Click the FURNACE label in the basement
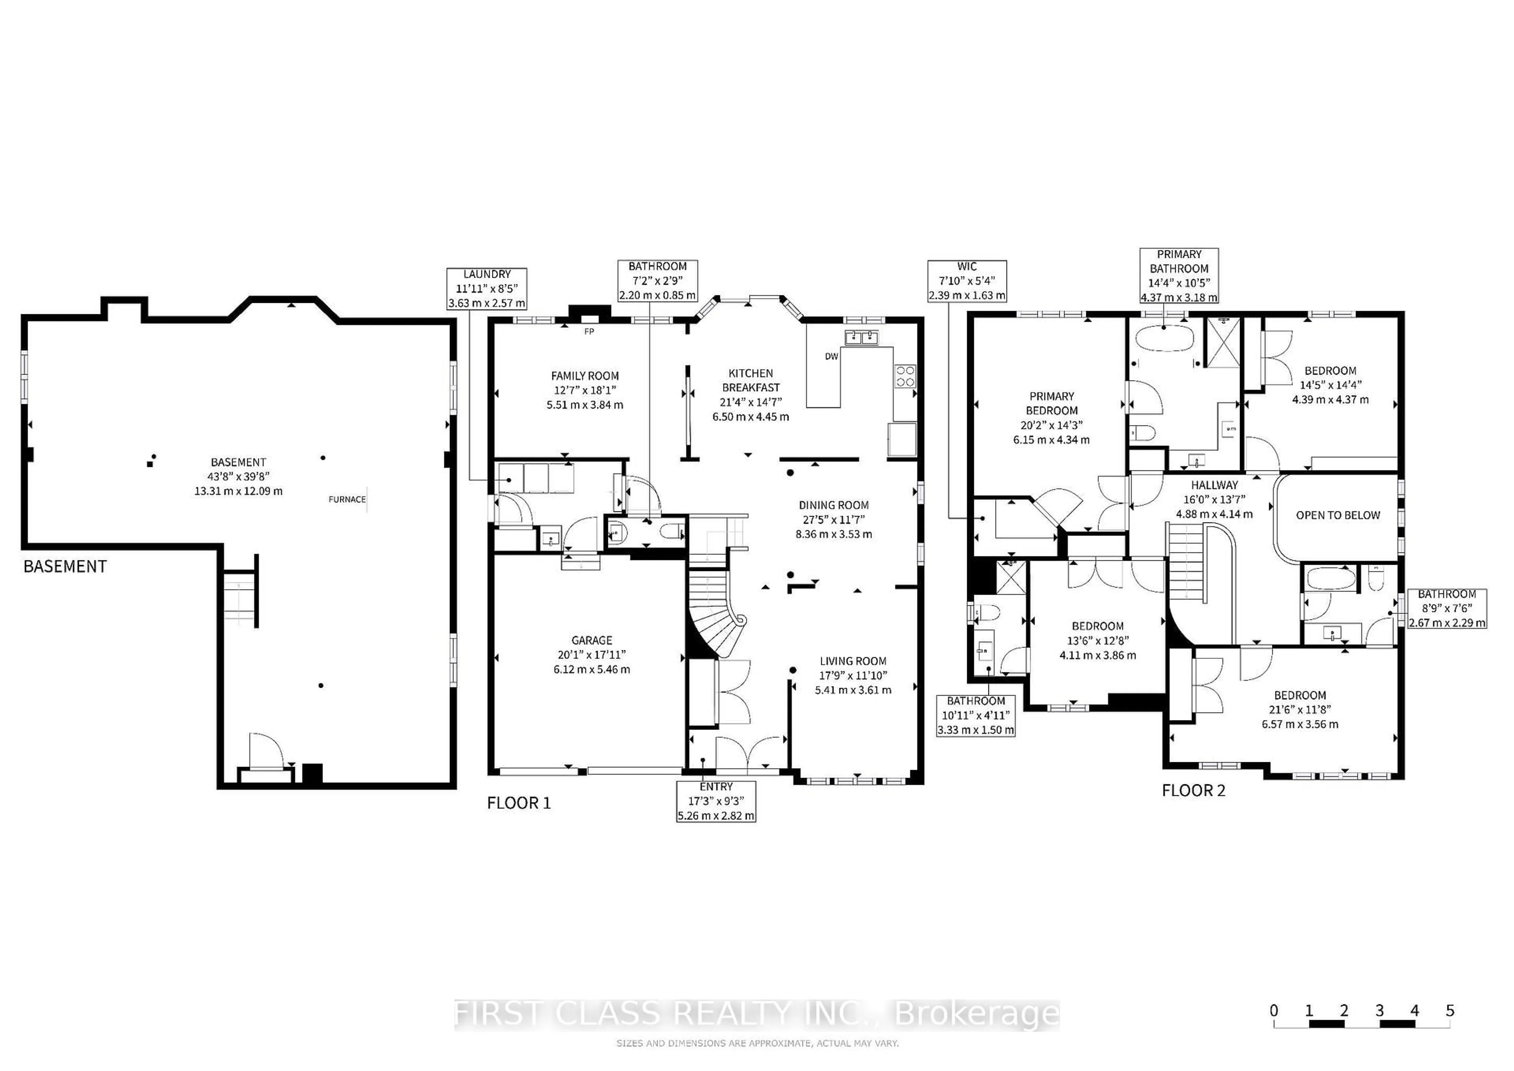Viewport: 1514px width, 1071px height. click(347, 499)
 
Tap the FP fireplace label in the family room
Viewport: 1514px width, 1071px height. click(589, 332)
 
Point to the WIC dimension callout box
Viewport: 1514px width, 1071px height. click(967, 281)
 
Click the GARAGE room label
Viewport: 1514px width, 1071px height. click(591, 640)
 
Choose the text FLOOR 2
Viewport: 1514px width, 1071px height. click(1193, 791)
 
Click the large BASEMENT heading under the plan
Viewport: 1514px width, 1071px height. click(65, 567)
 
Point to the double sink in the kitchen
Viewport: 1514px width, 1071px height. click(861, 338)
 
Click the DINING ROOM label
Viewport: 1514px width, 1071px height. click(833, 505)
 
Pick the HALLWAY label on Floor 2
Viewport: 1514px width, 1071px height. click(1214, 485)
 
